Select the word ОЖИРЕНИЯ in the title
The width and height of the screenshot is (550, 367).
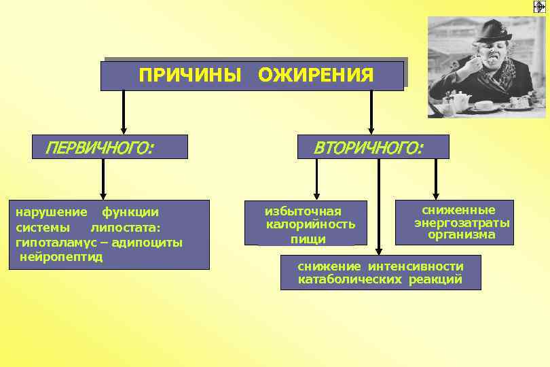click(x=316, y=75)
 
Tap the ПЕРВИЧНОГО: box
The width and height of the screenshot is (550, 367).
click(x=110, y=147)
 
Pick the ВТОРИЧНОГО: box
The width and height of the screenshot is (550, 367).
click(x=373, y=147)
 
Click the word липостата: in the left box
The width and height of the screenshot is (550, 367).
click(x=126, y=228)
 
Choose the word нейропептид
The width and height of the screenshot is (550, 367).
click(x=62, y=257)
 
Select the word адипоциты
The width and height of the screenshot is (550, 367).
click(x=151, y=243)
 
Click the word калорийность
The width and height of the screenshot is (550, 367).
click(x=310, y=224)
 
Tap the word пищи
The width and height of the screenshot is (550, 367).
click(x=308, y=239)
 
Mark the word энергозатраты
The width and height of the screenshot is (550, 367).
click(x=462, y=223)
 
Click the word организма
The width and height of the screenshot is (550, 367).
click(x=462, y=235)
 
